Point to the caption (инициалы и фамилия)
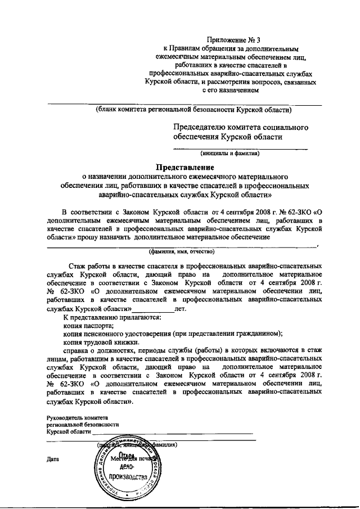coord(230,152)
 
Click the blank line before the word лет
coord(153,309)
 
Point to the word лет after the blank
coord(181,308)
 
